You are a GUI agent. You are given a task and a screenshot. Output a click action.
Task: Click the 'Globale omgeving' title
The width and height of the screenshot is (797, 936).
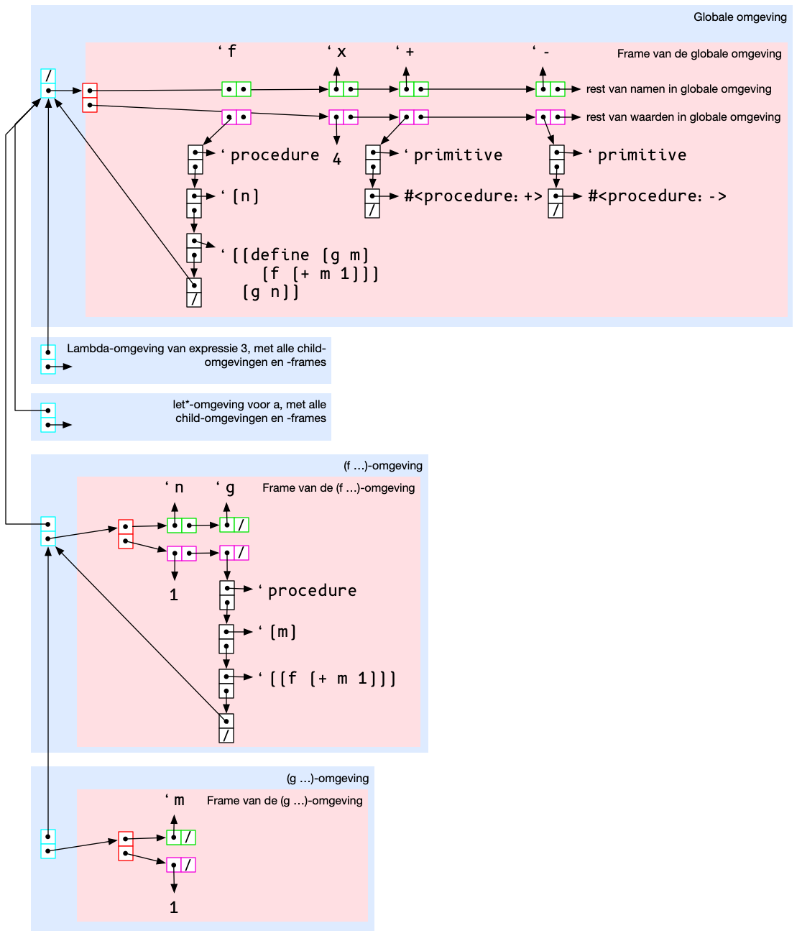pos(740,17)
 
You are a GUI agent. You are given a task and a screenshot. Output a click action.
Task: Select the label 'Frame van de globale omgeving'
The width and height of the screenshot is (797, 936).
pos(699,54)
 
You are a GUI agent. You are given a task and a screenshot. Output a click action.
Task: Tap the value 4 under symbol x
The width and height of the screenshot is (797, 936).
pos(336,160)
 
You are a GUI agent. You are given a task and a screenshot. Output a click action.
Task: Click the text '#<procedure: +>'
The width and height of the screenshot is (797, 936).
pos(473,196)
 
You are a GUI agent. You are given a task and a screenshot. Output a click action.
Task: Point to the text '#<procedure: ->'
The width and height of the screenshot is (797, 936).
pos(657,196)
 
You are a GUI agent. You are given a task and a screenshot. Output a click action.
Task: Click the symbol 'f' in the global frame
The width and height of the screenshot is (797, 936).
pos(231,52)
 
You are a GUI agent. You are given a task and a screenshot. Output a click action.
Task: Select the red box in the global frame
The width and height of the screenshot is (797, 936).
pos(90,98)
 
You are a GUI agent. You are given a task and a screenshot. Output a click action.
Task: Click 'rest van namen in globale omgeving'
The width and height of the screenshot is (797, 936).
pos(678,89)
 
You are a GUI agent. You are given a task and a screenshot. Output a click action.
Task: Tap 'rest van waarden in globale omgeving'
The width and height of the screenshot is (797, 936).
pos(683,117)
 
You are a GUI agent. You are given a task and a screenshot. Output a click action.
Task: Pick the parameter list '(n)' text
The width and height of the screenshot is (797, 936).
pos(245,196)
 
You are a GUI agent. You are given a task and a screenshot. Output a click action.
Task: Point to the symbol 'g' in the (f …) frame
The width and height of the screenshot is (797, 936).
pos(230,488)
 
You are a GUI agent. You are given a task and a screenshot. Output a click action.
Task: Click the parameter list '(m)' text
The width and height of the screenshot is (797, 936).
pos(282,632)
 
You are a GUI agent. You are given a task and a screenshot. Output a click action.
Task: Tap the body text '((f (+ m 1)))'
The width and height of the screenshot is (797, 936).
pos(332,679)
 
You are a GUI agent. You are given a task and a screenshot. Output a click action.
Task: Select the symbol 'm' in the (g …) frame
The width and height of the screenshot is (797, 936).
pos(179,801)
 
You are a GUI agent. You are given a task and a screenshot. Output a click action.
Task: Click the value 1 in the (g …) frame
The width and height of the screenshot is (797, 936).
pos(174,908)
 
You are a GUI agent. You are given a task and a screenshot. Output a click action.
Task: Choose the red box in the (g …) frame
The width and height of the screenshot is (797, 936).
pos(126,846)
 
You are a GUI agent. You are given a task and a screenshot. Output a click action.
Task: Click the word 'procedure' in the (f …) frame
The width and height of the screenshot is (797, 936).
pos(312,591)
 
